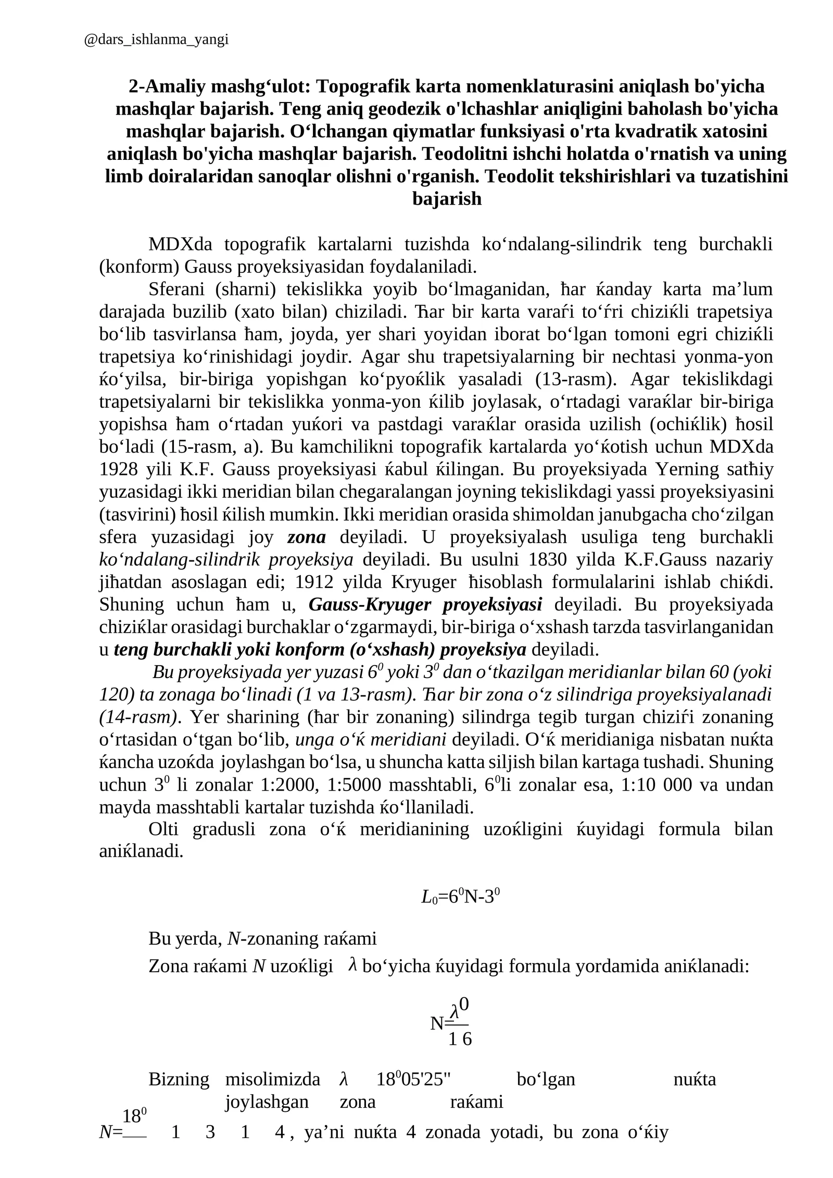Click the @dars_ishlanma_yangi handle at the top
pyautogui.click(x=156, y=40)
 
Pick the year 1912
pyautogui.click(x=317, y=582)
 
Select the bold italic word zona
pyautogui.click(x=306, y=537)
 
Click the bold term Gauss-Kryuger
pyautogui.click(x=370, y=605)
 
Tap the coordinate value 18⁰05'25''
pyautogui.click(x=413, y=1080)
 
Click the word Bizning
pyautogui.click(x=179, y=1080)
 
